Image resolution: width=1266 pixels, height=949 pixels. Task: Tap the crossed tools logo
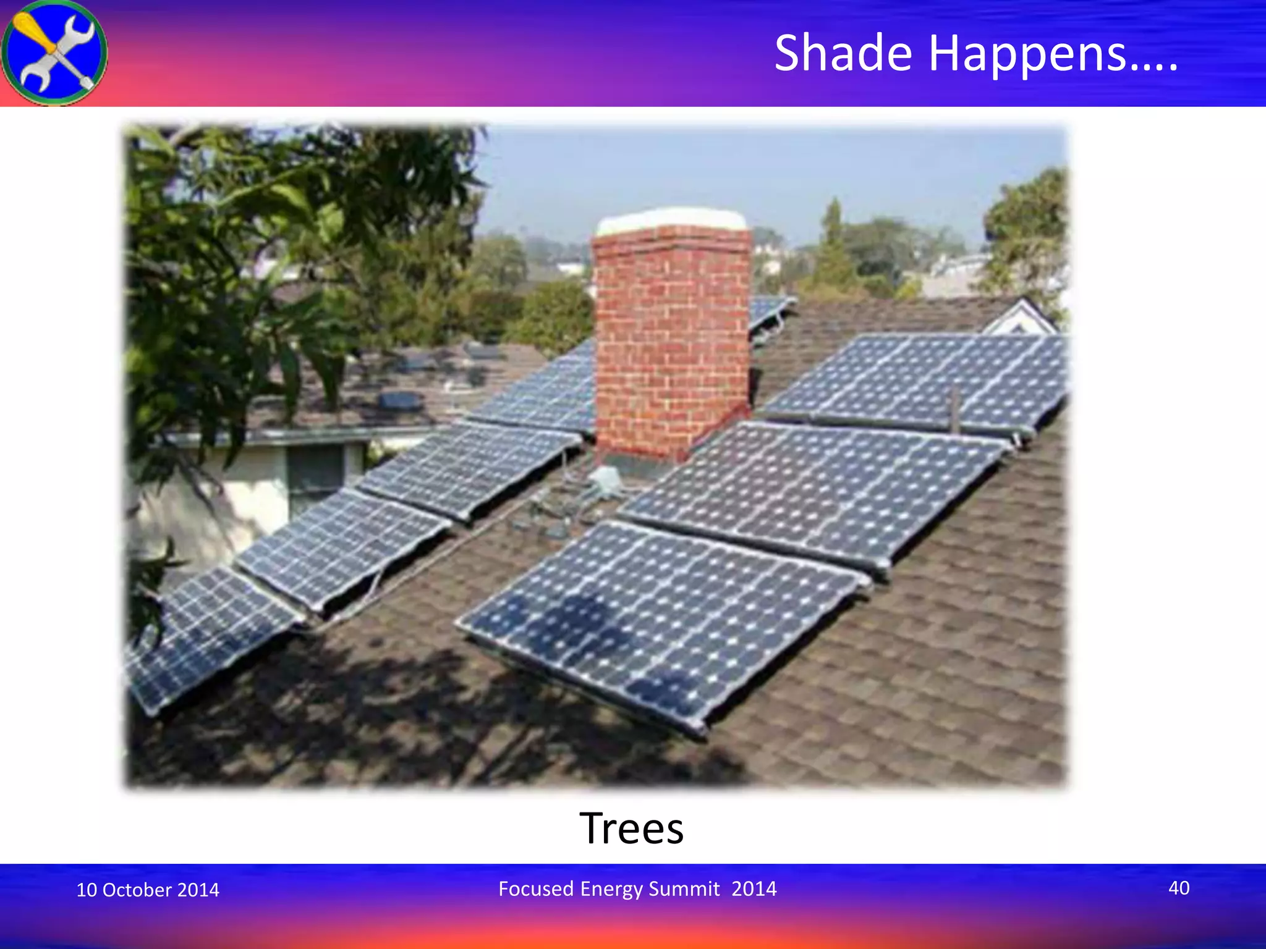[54, 53]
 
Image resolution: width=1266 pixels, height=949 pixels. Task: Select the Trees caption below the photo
[631, 828]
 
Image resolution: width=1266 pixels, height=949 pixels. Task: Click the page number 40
[1178, 888]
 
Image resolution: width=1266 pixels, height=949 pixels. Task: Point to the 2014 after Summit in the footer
[754, 888]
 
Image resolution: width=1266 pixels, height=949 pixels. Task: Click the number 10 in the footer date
[86, 890]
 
